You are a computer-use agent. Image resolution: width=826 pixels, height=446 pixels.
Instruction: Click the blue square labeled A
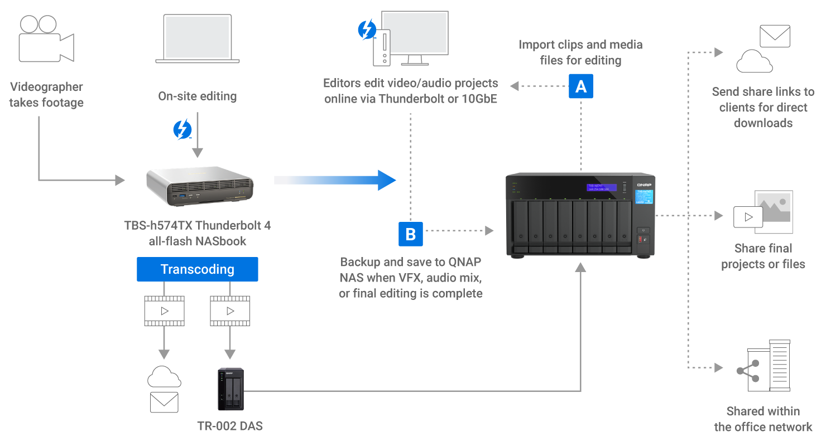click(580, 86)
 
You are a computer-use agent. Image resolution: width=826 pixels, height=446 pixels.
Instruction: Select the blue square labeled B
click(410, 234)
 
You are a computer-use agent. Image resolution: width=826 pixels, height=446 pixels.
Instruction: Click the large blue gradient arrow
click(335, 180)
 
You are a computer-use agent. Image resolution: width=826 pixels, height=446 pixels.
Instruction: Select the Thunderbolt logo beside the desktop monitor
click(367, 30)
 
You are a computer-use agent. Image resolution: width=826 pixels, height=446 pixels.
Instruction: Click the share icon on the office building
click(748, 371)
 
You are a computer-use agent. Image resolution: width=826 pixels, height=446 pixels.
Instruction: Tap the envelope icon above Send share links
click(775, 36)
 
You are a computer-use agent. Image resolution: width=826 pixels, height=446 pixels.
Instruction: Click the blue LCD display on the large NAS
click(601, 187)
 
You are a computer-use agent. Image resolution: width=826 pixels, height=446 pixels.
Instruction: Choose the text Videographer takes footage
click(46, 95)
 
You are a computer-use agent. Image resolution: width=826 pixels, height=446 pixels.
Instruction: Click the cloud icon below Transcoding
click(164, 378)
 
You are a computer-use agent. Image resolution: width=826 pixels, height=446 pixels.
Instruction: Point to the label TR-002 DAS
click(230, 426)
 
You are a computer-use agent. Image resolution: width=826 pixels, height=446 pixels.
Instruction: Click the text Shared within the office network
click(763, 419)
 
